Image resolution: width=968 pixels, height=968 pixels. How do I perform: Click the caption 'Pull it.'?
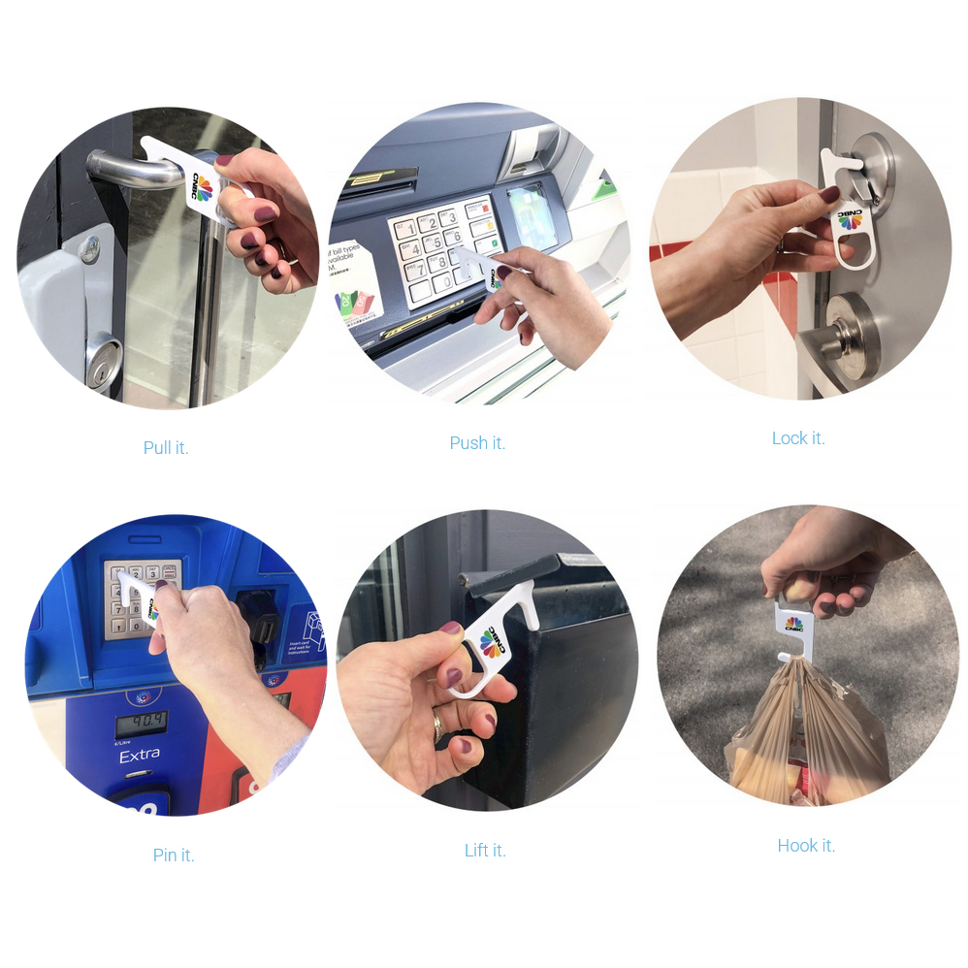(x=166, y=447)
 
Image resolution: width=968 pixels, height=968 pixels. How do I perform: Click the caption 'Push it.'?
(x=477, y=442)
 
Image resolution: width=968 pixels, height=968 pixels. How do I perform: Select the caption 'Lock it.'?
(x=798, y=438)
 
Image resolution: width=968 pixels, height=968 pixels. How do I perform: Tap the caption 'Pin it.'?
(x=174, y=855)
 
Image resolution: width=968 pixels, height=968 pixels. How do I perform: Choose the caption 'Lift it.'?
(x=485, y=850)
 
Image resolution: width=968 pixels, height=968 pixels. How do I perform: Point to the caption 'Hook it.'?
(x=806, y=845)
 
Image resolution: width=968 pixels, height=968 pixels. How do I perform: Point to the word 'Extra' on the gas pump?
(x=139, y=756)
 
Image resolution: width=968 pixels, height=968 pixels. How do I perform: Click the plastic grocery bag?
(x=805, y=732)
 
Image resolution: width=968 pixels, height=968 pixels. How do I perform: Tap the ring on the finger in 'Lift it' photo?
(x=437, y=723)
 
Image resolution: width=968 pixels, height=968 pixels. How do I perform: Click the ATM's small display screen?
(x=532, y=215)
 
